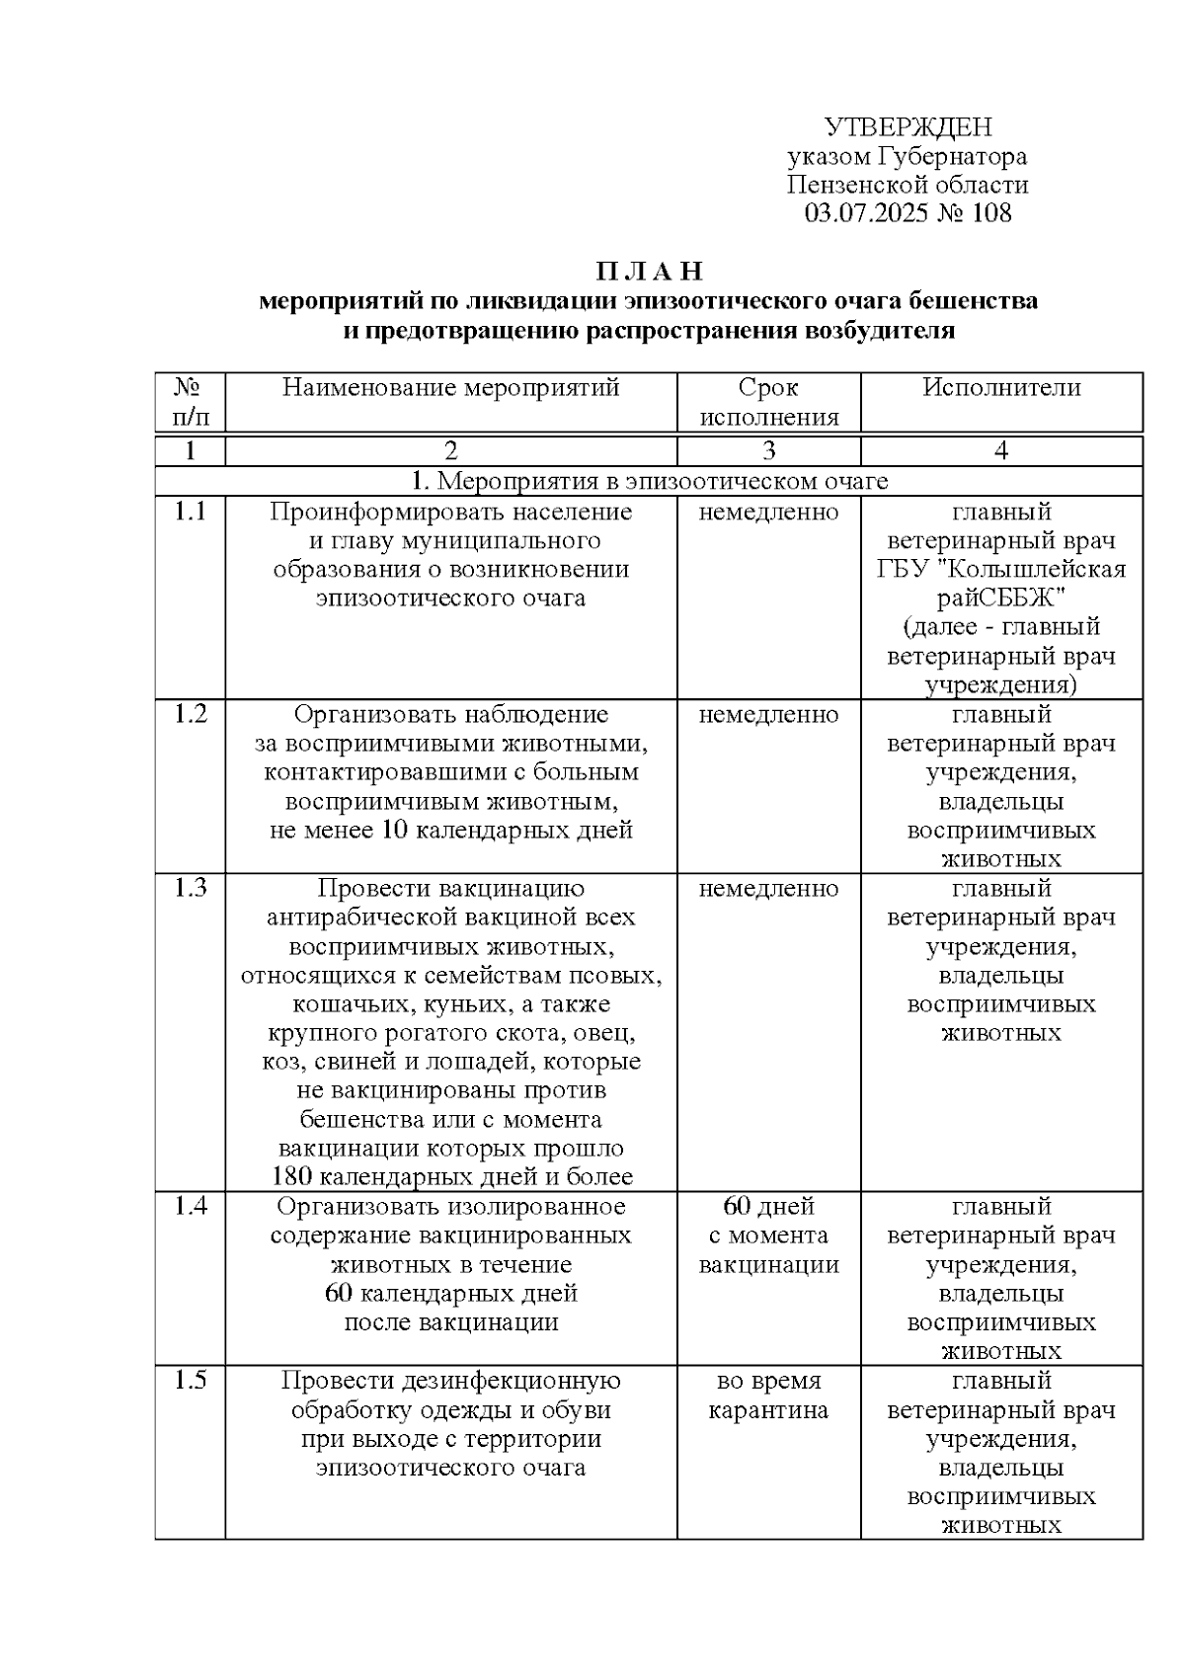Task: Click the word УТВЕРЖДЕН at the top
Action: [x=908, y=127]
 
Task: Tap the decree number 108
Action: [x=991, y=213]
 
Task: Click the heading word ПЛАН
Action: [x=649, y=271]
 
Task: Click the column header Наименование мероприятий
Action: [x=450, y=388]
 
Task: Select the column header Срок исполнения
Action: [x=768, y=402]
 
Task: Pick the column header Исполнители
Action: [x=1001, y=388]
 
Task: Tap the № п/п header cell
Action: [x=190, y=402]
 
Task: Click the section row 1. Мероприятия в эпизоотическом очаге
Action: [x=649, y=481]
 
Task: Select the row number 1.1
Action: [x=190, y=512]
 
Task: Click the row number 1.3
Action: [x=190, y=888]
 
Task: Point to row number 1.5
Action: [x=190, y=1380]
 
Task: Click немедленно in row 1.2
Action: [x=768, y=714]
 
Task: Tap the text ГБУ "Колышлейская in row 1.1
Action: [x=1001, y=570]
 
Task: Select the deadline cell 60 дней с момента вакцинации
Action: [x=768, y=1236]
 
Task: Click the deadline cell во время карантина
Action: [x=768, y=1395]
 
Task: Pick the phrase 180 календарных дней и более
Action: [x=451, y=1176]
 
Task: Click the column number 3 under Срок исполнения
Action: [x=768, y=451]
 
